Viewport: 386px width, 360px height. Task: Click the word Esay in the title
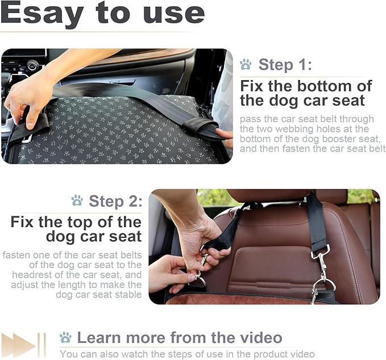[x=42, y=13]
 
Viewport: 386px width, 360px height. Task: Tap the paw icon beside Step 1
[x=246, y=65]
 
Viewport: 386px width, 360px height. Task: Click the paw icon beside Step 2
[x=77, y=201]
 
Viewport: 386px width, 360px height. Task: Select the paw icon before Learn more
[x=65, y=338]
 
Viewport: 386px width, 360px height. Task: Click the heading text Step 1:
[x=285, y=65]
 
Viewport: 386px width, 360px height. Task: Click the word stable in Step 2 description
[x=126, y=295]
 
